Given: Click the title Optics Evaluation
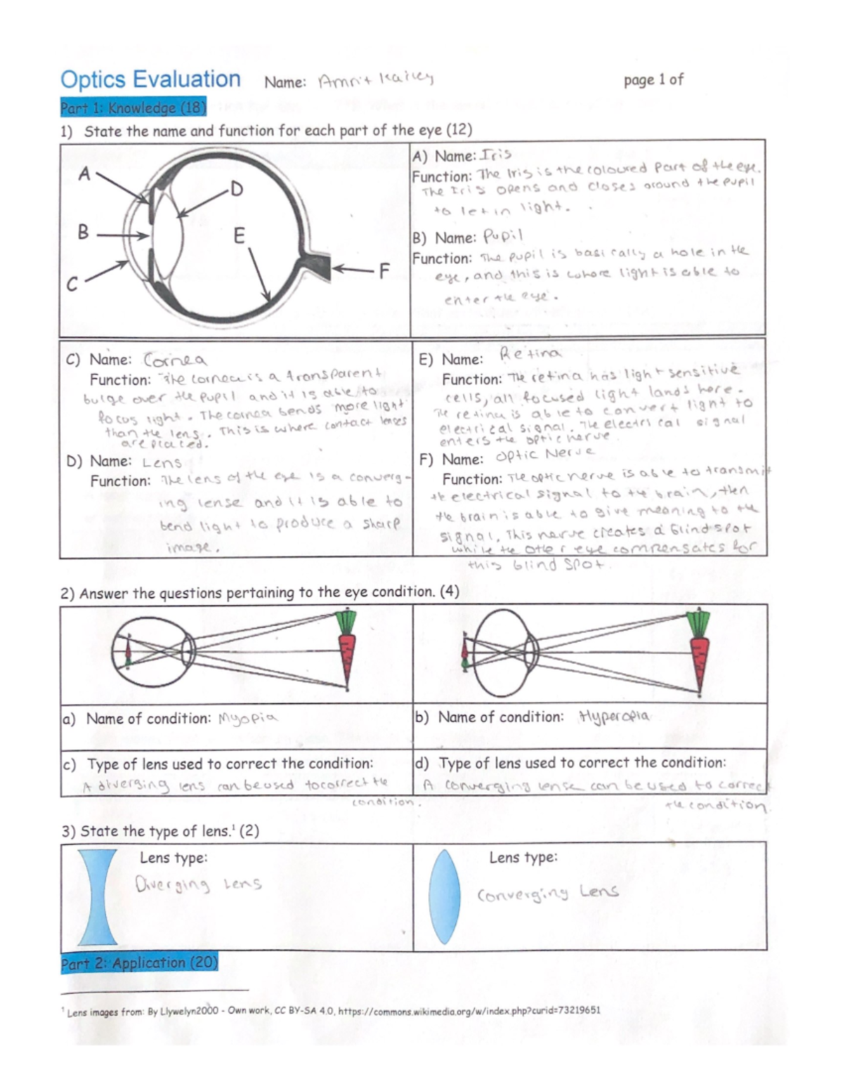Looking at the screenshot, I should pyautogui.click(x=150, y=79).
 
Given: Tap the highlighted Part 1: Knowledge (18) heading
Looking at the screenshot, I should pyautogui.click(x=133, y=107).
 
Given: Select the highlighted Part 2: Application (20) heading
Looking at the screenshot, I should pyautogui.click(x=139, y=962).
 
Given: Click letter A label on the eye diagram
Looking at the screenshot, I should pyautogui.click(x=84, y=174).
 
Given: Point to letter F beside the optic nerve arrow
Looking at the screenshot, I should pyautogui.click(x=384, y=270).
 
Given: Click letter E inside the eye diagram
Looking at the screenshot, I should pyautogui.click(x=239, y=236).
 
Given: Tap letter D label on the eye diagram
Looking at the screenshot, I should pyautogui.click(x=236, y=189).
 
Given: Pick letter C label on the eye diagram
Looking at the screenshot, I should pyautogui.click(x=72, y=285).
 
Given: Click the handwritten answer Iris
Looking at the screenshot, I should pyautogui.click(x=495, y=155).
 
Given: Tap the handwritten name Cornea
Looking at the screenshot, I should pyautogui.click(x=175, y=360).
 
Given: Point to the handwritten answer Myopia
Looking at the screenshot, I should pyautogui.click(x=247, y=718).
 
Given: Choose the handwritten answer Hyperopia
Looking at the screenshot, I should pyautogui.click(x=613, y=717).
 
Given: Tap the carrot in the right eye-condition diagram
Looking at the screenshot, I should pyautogui.click(x=700, y=651).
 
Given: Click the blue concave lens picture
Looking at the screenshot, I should pyautogui.click(x=98, y=897).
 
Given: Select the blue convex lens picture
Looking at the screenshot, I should pyautogui.click(x=443, y=896).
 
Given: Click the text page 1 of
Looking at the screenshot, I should pyautogui.click(x=653, y=80).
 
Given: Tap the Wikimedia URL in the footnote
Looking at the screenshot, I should pyautogui.click(x=469, y=1011).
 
